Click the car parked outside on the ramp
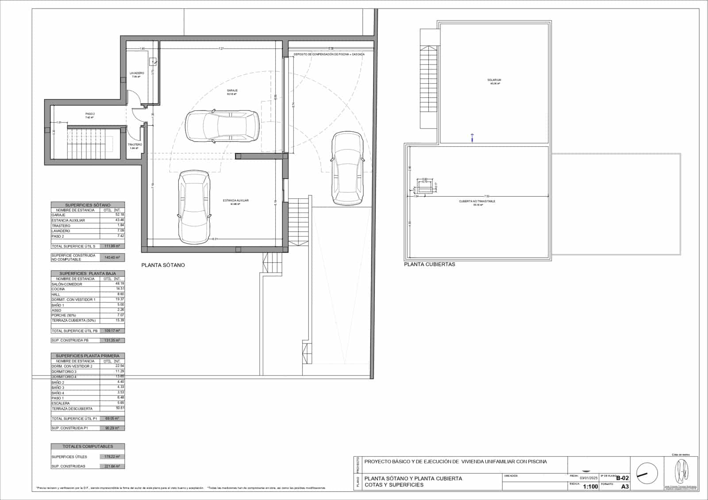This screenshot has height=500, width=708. click(347, 168)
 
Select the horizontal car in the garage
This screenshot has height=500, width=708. click(223, 126)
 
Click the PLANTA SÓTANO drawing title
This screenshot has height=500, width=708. click(163, 265)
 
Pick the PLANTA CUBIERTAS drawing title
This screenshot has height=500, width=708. click(429, 264)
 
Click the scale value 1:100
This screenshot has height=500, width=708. click(590, 486)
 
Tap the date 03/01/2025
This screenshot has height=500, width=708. click(589, 478)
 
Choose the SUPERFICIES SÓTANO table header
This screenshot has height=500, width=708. click(88, 205)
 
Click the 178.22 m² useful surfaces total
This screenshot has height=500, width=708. click(112, 457)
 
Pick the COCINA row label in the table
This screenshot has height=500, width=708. click(58, 289)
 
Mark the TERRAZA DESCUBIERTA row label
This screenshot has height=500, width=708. click(72, 408)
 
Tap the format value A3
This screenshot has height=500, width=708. click(625, 486)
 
